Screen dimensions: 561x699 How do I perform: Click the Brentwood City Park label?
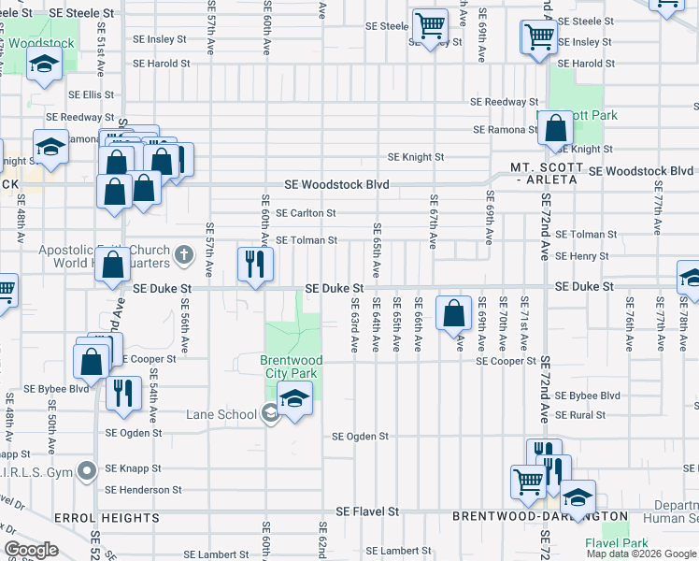[x=292, y=367]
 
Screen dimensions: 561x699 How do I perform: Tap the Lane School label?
[x=221, y=414]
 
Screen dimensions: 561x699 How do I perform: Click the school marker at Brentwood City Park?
[x=295, y=399]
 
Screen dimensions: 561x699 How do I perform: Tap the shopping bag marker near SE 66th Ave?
[x=454, y=314]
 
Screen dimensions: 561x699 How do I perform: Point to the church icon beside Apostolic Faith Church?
[x=184, y=253]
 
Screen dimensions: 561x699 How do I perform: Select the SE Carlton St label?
[x=306, y=213]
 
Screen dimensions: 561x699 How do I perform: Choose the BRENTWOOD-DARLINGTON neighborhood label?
[x=540, y=516]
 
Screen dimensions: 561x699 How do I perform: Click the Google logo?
[x=32, y=550]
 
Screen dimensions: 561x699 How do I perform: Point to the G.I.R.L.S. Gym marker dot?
[x=87, y=470]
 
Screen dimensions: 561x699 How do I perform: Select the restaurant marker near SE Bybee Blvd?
[x=122, y=393]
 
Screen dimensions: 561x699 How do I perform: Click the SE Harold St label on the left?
[x=161, y=64]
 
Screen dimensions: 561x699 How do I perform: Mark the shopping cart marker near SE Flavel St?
[x=528, y=481]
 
